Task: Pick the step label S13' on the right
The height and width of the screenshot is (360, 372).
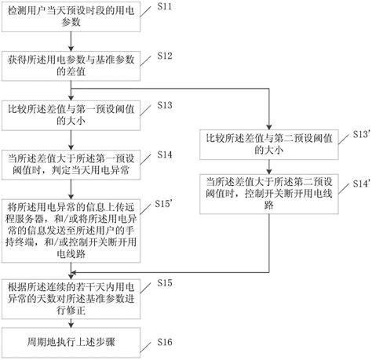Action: pyautogui.click(x=360, y=135)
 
